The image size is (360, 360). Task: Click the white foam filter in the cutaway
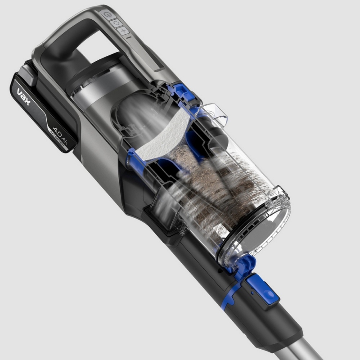pos(166,135)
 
